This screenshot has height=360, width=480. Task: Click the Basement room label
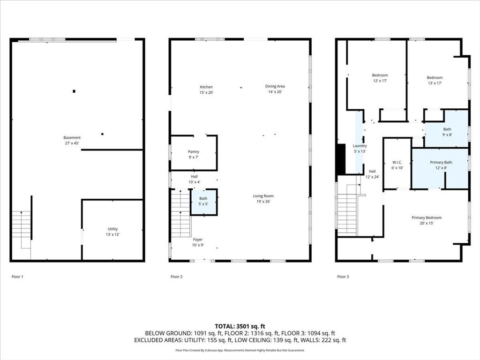(72, 140)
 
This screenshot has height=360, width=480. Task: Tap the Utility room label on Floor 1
(112, 232)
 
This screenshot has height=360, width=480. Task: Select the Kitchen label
(206, 90)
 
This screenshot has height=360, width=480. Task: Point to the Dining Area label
(275, 89)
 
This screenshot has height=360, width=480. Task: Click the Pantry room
(194, 154)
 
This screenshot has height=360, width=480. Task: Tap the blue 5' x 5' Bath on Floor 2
(203, 202)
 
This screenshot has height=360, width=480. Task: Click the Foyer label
(198, 242)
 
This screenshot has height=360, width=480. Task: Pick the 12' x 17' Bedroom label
(380, 78)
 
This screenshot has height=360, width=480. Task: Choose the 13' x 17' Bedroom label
(435, 80)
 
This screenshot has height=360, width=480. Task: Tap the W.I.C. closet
(397, 165)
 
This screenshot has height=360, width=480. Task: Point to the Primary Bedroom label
(427, 220)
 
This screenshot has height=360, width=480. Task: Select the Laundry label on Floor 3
(360, 148)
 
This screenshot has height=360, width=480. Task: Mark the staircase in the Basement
(22, 225)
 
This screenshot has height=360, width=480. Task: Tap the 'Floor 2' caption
(176, 277)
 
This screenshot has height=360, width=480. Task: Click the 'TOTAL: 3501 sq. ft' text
(240, 326)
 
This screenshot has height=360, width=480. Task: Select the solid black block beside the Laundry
(341, 159)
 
